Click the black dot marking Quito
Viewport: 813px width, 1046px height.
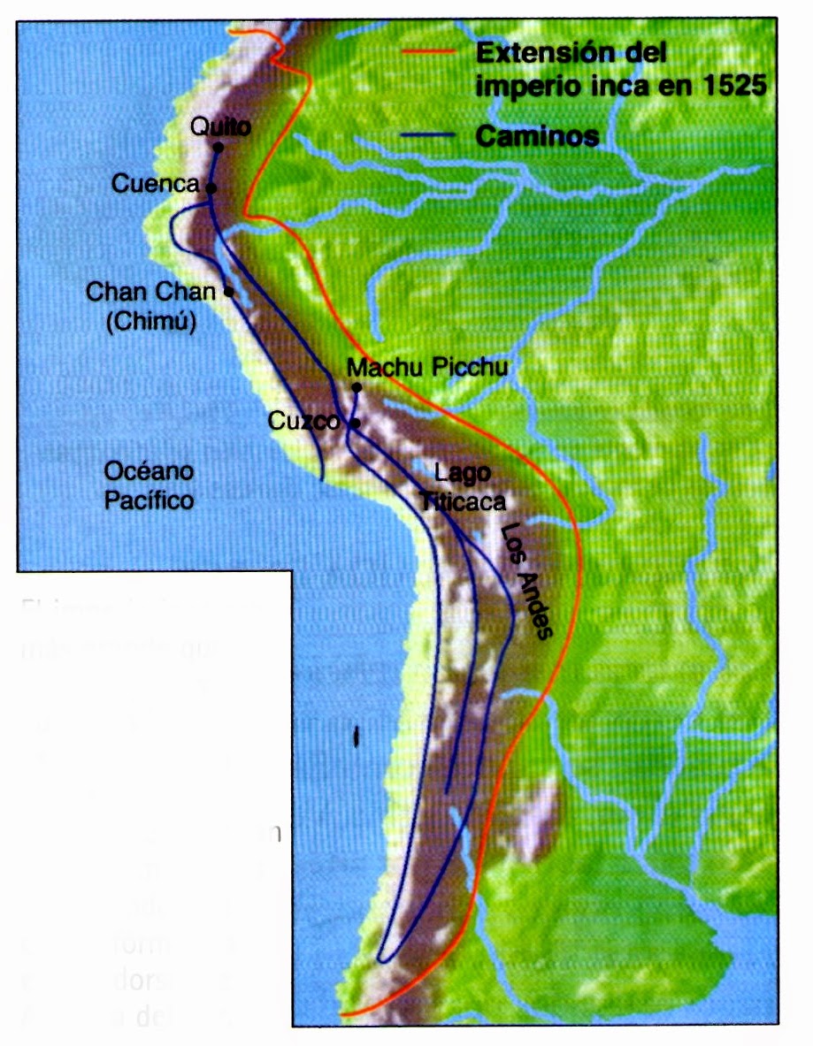pos(218,148)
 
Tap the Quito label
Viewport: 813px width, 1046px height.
pos(220,127)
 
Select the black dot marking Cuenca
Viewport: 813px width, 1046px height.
pos(211,187)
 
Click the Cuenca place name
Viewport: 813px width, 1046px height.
pos(155,184)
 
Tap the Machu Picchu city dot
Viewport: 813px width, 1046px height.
pos(357,387)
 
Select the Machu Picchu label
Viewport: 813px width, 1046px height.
pos(428,367)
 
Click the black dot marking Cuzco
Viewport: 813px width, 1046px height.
pos(355,424)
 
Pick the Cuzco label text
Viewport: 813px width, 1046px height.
pos(304,422)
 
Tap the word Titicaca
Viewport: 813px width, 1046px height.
pos(463,501)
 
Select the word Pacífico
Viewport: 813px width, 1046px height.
pos(149,500)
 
